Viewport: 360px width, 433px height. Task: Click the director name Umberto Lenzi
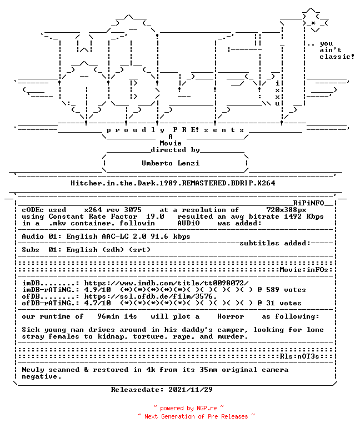click(x=171, y=163)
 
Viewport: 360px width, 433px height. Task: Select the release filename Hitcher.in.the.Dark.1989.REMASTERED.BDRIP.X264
click(x=173, y=183)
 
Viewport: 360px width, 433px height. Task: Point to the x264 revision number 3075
click(x=133, y=210)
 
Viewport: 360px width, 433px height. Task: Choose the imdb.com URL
click(x=166, y=283)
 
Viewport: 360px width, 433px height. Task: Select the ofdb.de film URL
click(x=151, y=296)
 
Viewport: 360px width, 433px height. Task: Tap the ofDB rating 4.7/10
click(x=97, y=303)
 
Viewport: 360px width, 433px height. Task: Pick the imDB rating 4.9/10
click(x=97, y=290)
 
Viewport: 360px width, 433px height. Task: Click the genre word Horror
click(x=231, y=316)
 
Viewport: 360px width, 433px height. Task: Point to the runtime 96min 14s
click(x=117, y=316)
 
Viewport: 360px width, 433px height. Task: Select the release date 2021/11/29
click(x=191, y=390)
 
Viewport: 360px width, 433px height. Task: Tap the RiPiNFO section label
click(x=308, y=203)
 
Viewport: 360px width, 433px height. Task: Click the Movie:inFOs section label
click(x=304, y=270)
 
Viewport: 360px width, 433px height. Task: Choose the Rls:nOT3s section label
click(x=299, y=356)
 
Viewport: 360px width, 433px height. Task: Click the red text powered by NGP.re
click(x=188, y=408)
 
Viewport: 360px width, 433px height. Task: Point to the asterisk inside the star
click(x=313, y=23)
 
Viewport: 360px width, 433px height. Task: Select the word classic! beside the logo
click(x=337, y=57)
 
